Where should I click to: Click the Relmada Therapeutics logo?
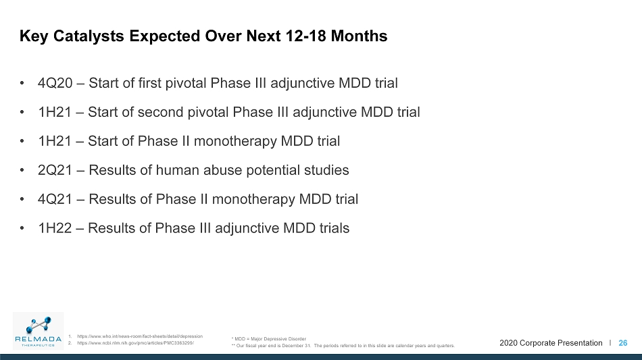38,331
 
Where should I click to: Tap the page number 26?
623,343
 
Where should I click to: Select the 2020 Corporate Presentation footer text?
551,343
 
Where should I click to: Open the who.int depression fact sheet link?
140,336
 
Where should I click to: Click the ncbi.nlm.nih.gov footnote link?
136,343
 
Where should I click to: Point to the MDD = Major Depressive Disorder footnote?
268,339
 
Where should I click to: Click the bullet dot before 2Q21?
22,170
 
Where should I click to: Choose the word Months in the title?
359,36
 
